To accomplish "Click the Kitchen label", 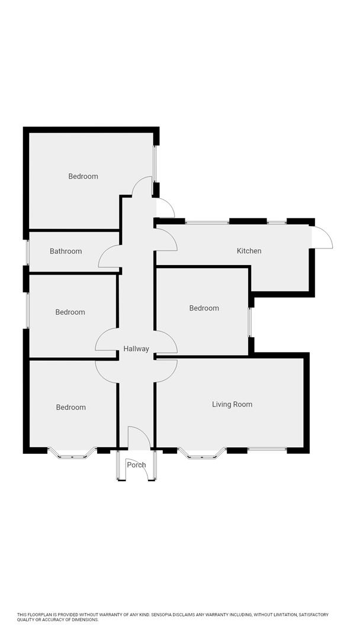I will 249,251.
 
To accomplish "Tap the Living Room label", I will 232,405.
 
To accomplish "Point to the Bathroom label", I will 66,251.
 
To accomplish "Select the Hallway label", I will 136,349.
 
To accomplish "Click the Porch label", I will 137,465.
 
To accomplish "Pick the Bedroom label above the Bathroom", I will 83,176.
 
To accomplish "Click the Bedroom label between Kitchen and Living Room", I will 204,308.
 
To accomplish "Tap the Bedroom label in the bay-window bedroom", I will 71,407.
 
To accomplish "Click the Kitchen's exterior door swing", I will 323,238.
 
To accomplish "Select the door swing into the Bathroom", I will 109,258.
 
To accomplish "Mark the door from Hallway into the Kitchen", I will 166,238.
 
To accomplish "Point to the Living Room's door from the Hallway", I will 166,369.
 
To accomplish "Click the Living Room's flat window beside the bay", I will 267,449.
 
